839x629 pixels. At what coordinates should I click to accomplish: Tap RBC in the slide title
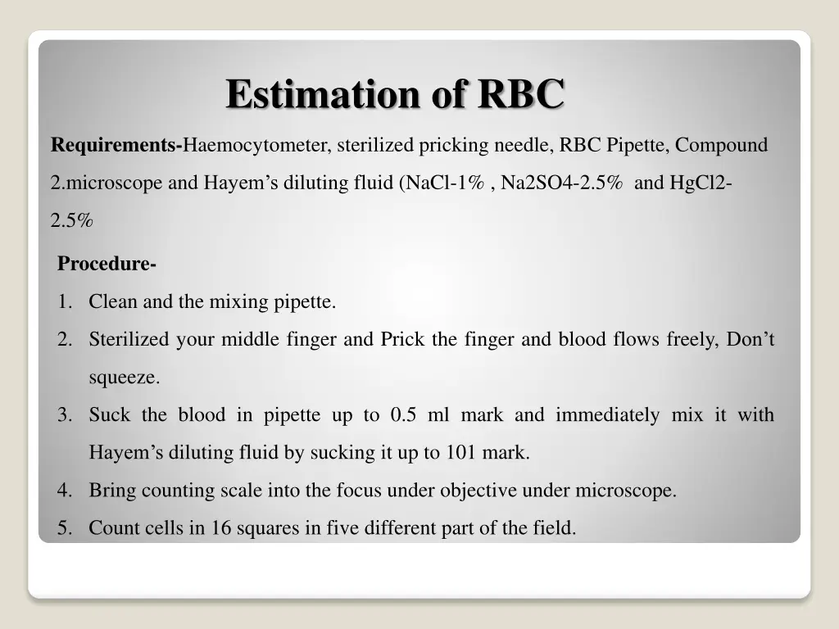tap(521, 93)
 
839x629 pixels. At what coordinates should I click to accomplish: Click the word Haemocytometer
tap(256, 146)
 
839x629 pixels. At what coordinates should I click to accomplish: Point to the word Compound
tap(722, 146)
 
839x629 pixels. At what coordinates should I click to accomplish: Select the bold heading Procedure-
tap(107, 265)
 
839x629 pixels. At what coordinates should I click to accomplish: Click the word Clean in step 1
tap(114, 302)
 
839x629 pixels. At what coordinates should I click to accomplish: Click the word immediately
tap(606, 415)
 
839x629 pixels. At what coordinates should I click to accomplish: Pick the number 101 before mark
tap(461, 453)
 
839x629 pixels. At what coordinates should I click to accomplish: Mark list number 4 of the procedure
tap(64, 491)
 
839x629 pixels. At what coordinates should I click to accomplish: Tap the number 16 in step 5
tap(221, 528)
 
